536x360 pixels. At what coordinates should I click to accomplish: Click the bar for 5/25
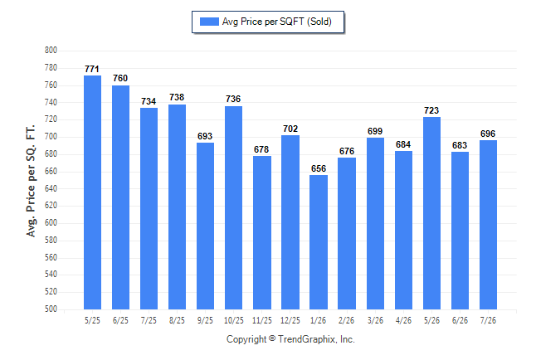(x=92, y=192)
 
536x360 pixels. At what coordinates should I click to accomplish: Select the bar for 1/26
(x=319, y=242)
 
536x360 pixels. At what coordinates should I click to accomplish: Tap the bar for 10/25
(x=233, y=208)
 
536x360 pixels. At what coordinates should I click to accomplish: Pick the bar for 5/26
(x=431, y=213)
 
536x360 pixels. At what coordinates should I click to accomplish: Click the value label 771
(x=92, y=69)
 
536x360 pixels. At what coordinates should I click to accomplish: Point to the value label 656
(x=319, y=168)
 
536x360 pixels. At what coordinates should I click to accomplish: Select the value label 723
(x=431, y=110)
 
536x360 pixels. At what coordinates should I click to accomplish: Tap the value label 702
(x=290, y=129)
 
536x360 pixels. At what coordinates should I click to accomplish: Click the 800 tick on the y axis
(x=51, y=51)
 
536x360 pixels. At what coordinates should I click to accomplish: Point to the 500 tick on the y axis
(x=51, y=309)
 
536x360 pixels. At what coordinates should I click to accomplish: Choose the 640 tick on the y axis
(x=51, y=188)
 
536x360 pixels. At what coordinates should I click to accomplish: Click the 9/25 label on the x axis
(x=205, y=320)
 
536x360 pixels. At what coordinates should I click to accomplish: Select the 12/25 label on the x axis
(x=290, y=320)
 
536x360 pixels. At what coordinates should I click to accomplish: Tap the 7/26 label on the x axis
(x=488, y=320)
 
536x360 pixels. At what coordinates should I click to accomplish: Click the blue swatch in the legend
(x=209, y=22)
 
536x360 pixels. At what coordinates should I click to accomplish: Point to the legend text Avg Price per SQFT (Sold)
(x=277, y=22)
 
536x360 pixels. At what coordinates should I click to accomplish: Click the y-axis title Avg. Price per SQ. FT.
(x=31, y=181)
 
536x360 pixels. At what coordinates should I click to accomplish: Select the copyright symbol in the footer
(x=272, y=338)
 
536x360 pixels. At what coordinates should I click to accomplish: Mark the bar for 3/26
(x=375, y=224)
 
